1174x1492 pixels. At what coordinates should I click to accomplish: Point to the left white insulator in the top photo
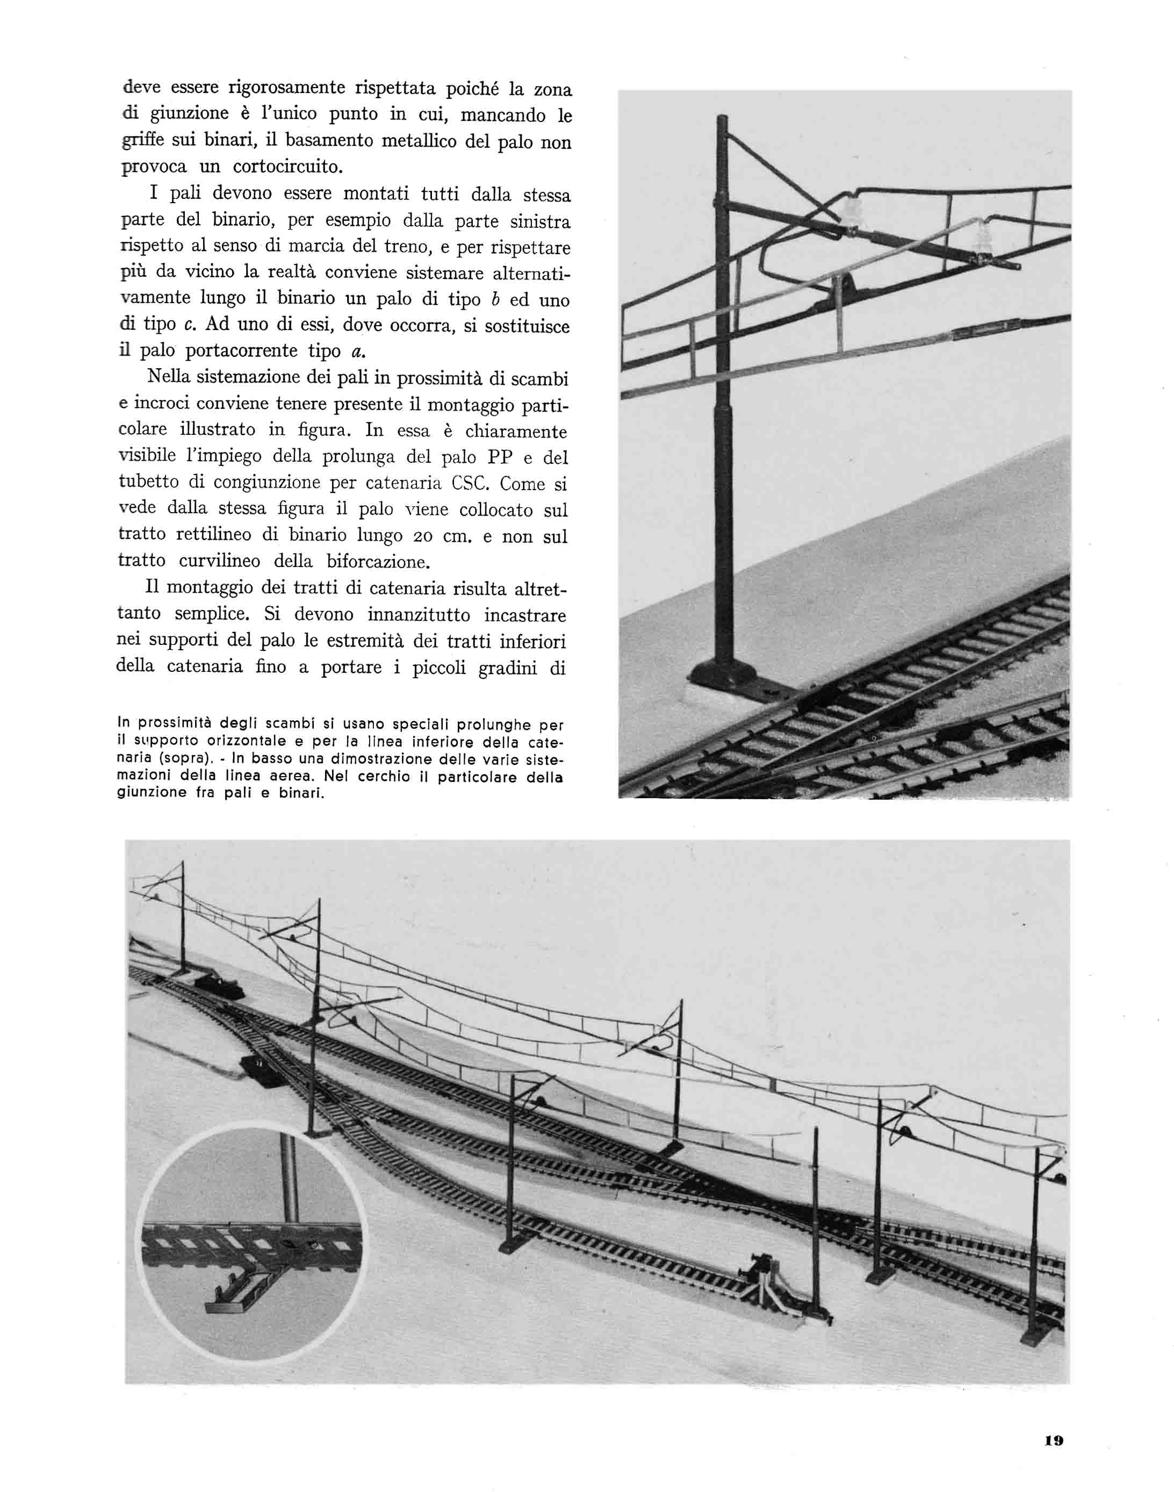click(x=852, y=205)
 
